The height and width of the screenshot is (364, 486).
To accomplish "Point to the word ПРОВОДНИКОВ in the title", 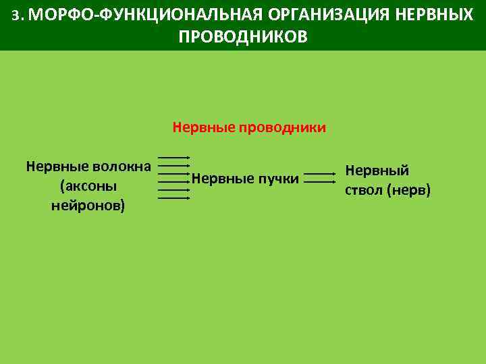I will click(242, 36).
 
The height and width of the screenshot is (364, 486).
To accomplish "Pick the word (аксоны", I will click(88, 185).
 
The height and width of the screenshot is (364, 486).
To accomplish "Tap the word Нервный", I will click(377, 171).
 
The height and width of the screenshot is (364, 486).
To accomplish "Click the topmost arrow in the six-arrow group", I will click(174, 157).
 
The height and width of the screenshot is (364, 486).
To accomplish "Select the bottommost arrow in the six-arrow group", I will click(174, 198).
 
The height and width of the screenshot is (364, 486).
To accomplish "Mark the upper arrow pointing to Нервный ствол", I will click(320, 174).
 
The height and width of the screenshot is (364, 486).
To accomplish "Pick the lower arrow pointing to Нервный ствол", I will click(320, 182).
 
